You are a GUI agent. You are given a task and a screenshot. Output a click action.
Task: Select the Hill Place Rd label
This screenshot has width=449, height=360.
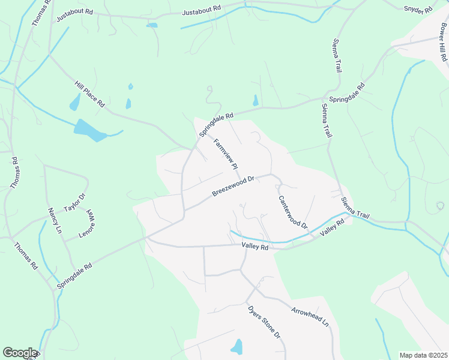click(x=89, y=94)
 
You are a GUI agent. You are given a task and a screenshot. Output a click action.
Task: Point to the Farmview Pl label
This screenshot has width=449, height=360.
click(x=226, y=153)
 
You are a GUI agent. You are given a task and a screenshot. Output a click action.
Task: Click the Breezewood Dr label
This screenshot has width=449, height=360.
click(x=234, y=186)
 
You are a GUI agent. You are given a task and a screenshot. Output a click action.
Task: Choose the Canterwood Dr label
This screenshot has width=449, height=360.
click(x=292, y=212)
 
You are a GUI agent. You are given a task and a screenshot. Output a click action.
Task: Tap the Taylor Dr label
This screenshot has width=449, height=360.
click(x=75, y=202)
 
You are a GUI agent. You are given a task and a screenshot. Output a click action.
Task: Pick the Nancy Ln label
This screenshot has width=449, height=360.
click(x=55, y=221)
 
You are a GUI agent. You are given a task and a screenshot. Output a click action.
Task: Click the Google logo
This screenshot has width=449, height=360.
click(x=19, y=353)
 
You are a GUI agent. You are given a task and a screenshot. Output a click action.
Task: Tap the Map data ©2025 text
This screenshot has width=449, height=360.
click(x=423, y=355)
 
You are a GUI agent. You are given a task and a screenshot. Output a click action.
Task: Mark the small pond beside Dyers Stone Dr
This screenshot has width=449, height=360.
click(x=237, y=347)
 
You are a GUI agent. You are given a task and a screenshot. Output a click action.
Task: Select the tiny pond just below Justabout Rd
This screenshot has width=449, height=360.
click(x=152, y=25)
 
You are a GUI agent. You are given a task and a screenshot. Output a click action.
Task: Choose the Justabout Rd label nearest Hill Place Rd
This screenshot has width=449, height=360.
click(x=74, y=15)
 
